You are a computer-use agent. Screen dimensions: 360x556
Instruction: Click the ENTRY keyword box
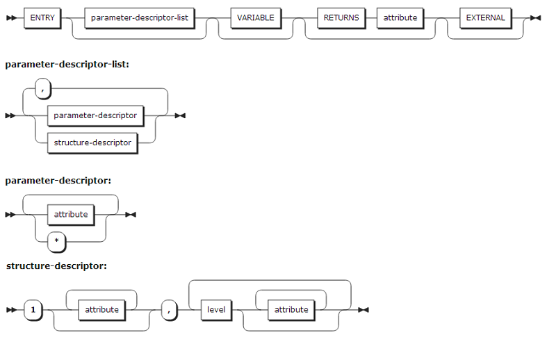42,17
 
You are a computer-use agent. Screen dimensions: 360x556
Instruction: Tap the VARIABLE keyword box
255,17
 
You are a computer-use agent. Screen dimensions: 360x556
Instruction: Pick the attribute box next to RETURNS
400,17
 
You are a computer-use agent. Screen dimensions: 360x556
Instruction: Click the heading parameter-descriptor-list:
67,64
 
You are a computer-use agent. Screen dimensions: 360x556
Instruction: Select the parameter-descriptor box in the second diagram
95,115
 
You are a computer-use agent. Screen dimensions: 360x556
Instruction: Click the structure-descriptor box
92,142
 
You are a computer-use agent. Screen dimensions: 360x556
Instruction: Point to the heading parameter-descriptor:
58,181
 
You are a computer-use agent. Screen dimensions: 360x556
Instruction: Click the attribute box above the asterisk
71,214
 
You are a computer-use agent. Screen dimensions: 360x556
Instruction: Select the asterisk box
57,240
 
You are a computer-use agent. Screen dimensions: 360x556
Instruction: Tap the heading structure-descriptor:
56,265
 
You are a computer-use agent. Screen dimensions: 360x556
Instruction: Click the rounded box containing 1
33,309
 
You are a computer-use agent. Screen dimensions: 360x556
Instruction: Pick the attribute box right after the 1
101,309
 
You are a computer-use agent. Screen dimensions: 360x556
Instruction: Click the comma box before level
169,309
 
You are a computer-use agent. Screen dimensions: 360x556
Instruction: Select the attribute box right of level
291,309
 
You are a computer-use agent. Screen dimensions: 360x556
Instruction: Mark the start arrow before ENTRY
11,17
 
